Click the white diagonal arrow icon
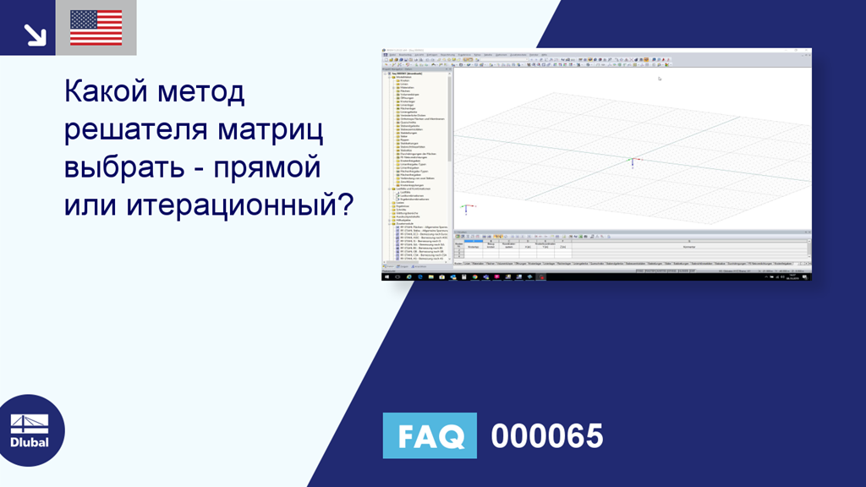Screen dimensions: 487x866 point(35,34)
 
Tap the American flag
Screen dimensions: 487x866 point(96,28)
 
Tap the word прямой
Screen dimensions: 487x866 point(270,166)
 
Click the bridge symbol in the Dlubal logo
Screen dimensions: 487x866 point(29,423)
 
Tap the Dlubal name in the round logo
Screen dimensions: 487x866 point(30,442)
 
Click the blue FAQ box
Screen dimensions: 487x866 point(430,435)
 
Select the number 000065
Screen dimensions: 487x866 point(547,436)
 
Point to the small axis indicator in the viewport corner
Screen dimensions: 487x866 point(464,208)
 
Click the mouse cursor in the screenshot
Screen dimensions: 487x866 point(660,79)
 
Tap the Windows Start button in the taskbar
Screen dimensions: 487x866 point(387,276)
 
